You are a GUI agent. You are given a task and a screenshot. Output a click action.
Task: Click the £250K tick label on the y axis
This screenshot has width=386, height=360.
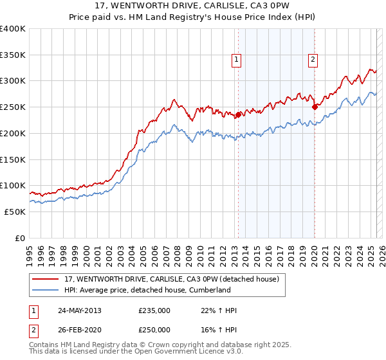point(13,107)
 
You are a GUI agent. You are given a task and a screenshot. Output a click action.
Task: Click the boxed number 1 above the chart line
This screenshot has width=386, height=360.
point(237,60)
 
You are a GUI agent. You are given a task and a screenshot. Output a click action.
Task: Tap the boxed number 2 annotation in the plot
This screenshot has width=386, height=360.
point(313,60)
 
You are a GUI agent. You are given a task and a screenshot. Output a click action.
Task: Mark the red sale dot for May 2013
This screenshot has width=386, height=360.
point(238,115)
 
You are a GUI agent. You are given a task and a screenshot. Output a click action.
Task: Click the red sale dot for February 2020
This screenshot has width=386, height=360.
point(315,107)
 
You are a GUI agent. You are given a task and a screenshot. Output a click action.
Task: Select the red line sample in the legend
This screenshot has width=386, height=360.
point(46,280)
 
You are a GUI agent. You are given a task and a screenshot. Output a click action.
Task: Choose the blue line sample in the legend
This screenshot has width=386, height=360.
point(46,291)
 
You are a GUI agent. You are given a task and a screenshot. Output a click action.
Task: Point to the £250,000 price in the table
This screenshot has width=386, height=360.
point(154,330)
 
